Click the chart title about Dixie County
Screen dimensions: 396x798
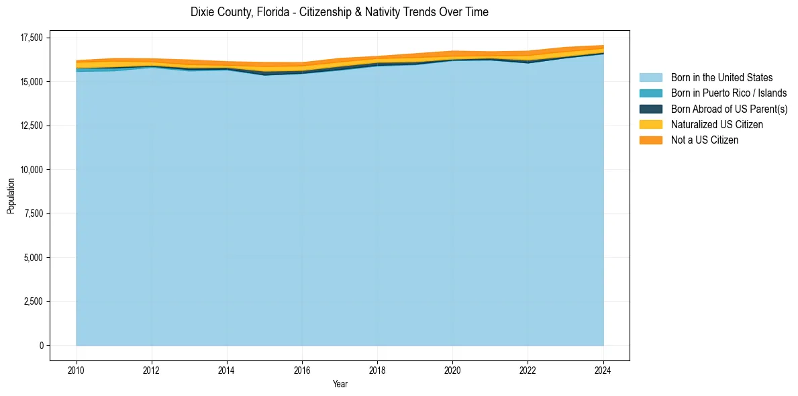[339, 12]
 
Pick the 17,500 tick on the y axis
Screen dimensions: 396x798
[32, 38]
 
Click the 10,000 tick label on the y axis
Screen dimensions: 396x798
[32, 170]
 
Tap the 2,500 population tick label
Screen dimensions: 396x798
[34, 301]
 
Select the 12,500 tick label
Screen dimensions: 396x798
[32, 126]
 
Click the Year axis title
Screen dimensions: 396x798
[340, 384]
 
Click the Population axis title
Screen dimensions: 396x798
[11, 196]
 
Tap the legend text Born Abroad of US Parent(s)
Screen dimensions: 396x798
[729, 109]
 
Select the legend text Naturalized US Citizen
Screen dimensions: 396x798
[717, 125]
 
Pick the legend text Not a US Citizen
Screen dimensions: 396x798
[705, 140]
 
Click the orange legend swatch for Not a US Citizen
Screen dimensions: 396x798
[650, 140]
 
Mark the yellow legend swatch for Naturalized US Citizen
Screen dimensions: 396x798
[650, 125]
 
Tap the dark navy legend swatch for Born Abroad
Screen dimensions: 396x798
[650, 109]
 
